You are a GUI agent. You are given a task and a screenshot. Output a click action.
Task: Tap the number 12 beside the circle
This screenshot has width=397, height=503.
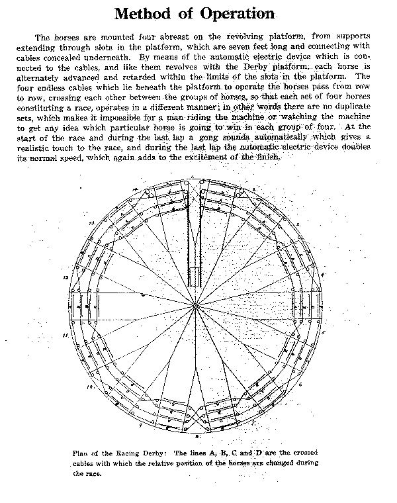(66, 279)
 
